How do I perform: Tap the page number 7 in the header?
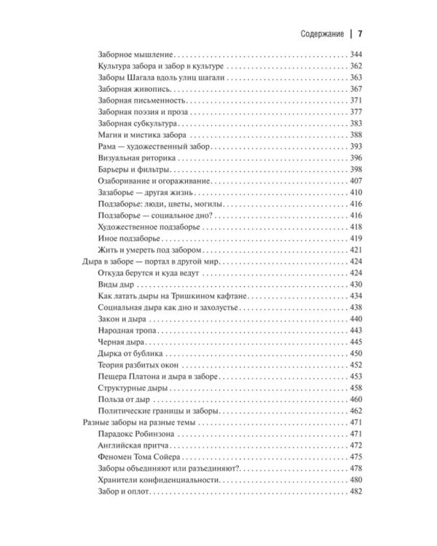(x=361, y=34)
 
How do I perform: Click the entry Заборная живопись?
(x=133, y=89)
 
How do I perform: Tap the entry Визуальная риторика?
(x=135, y=158)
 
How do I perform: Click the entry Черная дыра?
(x=122, y=341)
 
